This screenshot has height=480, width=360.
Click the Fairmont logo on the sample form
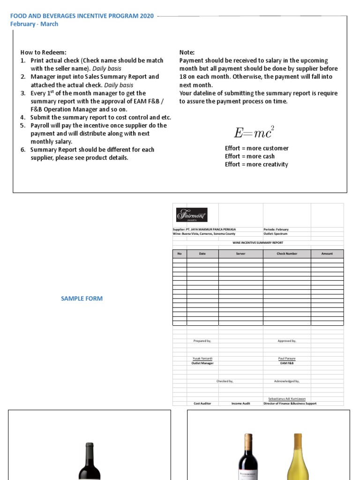click(x=191, y=215)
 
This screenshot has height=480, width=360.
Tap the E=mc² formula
click(x=254, y=132)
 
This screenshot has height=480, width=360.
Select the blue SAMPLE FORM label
click(x=82, y=299)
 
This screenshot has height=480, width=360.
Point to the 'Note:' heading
click(x=187, y=52)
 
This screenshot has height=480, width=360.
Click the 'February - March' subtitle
click(x=34, y=24)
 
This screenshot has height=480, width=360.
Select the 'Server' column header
click(x=240, y=254)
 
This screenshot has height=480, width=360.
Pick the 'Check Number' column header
click(x=287, y=254)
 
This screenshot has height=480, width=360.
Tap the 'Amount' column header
click(x=327, y=254)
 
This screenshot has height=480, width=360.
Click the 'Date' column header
click(x=202, y=254)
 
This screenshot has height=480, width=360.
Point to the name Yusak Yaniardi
click(x=202, y=358)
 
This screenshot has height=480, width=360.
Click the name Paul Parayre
click(x=287, y=358)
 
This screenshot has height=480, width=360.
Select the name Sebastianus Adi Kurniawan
click(x=287, y=398)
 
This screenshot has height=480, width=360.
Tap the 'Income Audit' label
click(x=240, y=403)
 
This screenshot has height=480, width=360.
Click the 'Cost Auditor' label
click(x=202, y=403)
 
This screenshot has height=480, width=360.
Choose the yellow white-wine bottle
click(x=297, y=457)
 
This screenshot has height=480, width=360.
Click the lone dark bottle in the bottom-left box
click(x=90, y=462)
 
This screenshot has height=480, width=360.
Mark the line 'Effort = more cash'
click(x=250, y=156)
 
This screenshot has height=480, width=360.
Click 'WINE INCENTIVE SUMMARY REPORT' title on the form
click(x=258, y=243)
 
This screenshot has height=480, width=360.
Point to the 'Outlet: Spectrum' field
click(x=276, y=233)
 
